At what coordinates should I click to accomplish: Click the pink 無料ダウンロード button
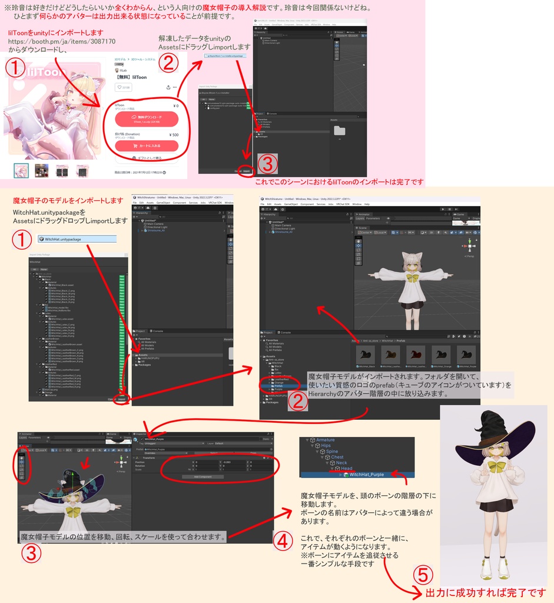tap(147, 119)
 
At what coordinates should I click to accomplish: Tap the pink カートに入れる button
tap(147, 145)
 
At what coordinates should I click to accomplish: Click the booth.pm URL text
tap(62, 42)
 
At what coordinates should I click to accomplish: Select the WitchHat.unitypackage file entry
tap(77, 239)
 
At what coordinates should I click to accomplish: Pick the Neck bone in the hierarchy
tap(341, 463)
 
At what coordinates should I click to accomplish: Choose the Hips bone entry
tap(326, 446)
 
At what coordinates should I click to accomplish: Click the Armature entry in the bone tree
tap(325, 440)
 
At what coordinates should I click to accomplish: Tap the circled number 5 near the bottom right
tap(423, 574)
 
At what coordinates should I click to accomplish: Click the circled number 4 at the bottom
tap(283, 539)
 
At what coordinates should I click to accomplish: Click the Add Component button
tap(201, 476)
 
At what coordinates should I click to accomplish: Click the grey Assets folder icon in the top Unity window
tap(340, 131)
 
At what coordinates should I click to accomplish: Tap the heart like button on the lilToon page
tap(124, 88)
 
